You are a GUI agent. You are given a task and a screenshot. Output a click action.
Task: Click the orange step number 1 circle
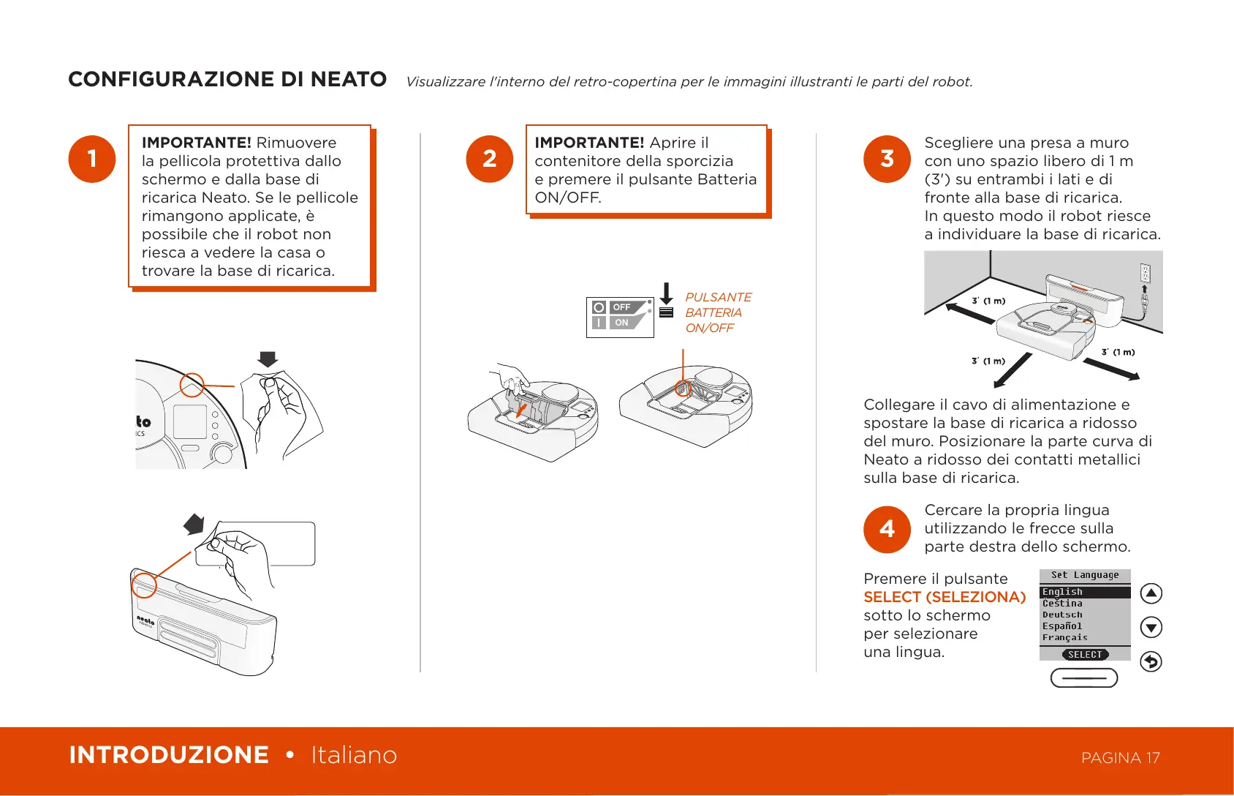[92, 159]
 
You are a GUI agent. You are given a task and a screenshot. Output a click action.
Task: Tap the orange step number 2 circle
[490, 159]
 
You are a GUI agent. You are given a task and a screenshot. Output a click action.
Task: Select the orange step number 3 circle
[887, 159]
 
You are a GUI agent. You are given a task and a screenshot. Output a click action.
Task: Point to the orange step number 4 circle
[887, 529]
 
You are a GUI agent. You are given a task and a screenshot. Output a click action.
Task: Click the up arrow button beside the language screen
[1151, 593]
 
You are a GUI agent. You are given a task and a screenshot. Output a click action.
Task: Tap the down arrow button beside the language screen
[1151, 627]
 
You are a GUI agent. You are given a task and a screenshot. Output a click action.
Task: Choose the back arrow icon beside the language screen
[1151, 661]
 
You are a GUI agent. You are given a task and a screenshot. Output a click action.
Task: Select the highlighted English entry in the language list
[1063, 592]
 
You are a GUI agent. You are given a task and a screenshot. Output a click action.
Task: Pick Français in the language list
[1065, 638]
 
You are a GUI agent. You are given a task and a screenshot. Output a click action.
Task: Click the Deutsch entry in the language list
[1063, 615]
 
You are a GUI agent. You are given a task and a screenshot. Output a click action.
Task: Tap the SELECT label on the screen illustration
[1085, 655]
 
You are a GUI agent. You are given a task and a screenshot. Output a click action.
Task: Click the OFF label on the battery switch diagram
[621, 307]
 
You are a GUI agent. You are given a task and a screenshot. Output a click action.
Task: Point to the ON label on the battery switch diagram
[621, 323]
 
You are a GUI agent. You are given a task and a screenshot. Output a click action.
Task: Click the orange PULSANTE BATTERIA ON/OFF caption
[717, 312]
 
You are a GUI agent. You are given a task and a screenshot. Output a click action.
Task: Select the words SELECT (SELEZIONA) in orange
[945, 597]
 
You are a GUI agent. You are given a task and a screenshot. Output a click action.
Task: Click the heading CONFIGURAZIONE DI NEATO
[227, 79]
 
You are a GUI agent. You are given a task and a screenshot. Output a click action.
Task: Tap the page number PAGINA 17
[1120, 758]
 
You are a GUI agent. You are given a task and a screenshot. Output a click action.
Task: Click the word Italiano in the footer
[354, 755]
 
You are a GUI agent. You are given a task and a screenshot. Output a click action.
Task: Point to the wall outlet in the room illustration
[1145, 274]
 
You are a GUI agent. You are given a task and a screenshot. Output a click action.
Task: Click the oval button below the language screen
[1084, 678]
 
